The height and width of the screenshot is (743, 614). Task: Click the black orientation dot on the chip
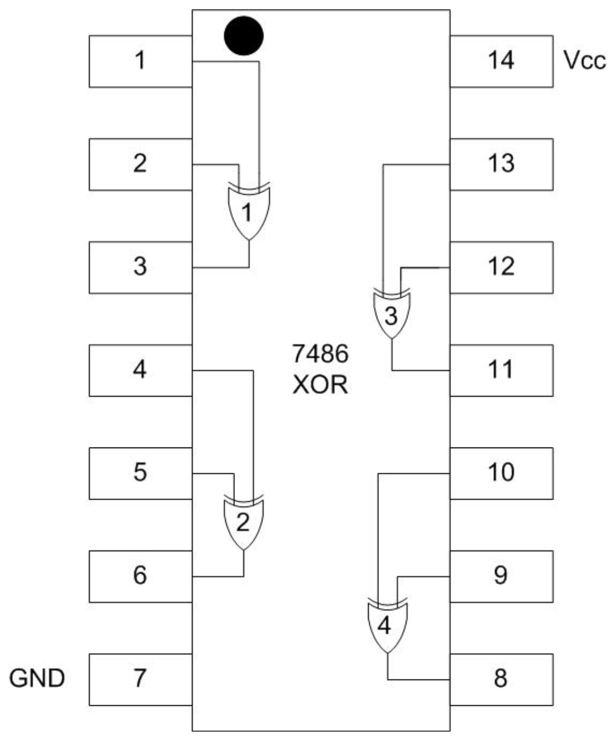tap(244, 36)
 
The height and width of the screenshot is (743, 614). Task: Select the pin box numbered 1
tap(140, 61)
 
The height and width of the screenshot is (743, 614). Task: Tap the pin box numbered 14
tap(501, 61)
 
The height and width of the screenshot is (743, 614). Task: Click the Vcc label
tap(584, 61)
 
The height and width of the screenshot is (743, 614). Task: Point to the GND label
tap(38, 678)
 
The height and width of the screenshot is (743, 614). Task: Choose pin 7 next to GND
tap(140, 679)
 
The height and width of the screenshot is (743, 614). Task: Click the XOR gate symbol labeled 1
tap(248, 213)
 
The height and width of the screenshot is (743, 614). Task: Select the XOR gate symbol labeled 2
tap(243, 522)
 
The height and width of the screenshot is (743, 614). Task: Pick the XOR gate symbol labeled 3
tap(391, 315)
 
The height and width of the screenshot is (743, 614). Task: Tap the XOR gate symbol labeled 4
tap(386, 625)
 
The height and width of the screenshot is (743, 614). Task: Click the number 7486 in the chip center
tap(320, 355)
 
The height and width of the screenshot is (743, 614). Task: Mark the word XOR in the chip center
tap(320, 385)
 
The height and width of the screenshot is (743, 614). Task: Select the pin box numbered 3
tap(140, 267)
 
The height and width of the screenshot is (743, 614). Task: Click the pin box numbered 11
tap(501, 370)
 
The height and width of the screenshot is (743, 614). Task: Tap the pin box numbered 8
tap(501, 679)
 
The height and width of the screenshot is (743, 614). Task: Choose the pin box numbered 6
tap(140, 576)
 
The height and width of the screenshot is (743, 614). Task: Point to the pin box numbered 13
tap(501, 164)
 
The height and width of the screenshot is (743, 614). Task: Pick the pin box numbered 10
tap(501, 473)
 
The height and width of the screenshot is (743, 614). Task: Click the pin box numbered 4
tap(140, 370)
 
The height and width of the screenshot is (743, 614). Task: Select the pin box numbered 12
tap(501, 267)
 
